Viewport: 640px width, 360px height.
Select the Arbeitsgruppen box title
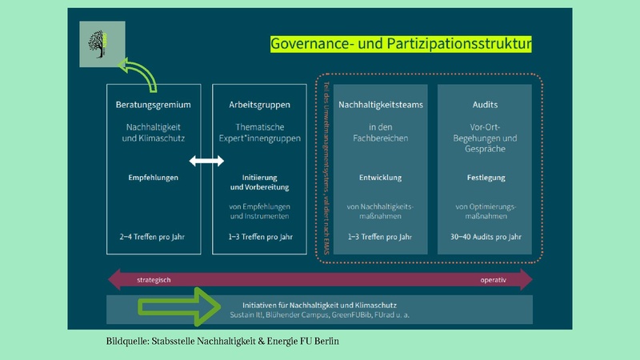pos(258,105)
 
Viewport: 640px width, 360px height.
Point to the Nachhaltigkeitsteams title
pos(380,105)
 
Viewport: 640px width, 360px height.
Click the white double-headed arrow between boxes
pos(206,162)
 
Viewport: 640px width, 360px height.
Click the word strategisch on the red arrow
pos(154,280)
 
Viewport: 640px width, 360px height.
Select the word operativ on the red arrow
pos(492,280)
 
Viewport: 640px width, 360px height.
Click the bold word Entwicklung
pos(380,178)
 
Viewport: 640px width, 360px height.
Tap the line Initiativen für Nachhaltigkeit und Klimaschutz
pos(320,306)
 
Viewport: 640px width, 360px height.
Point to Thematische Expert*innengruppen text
pos(258,133)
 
